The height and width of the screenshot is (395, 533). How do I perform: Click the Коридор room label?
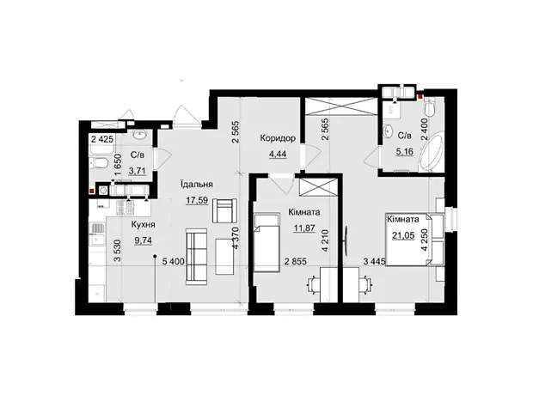coord(278,138)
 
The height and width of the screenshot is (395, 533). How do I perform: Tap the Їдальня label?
coord(197,185)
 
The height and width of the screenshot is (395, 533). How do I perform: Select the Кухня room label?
coord(143,224)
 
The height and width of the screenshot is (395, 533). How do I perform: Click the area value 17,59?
coord(197,200)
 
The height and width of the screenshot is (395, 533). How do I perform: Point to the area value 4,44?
coord(278,155)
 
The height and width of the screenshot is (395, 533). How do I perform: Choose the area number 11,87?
coord(304,228)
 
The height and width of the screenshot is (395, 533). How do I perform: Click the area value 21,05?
coord(403,235)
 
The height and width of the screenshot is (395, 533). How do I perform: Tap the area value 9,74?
coord(143,240)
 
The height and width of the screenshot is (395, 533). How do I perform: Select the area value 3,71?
coord(137,171)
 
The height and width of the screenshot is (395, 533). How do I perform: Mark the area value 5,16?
coord(405,151)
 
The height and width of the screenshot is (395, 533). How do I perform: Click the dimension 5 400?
coord(174,262)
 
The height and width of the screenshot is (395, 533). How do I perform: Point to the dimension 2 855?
coord(296,262)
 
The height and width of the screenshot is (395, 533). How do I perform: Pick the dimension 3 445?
coord(374,262)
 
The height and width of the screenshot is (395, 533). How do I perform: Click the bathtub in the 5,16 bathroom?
coord(431,153)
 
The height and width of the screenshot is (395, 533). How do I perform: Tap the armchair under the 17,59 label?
coord(224,210)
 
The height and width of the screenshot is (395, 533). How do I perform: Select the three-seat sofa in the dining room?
coord(197,257)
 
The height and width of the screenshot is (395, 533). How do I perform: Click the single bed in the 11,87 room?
coord(266,242)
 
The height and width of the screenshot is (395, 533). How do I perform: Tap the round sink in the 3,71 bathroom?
coord(139,135)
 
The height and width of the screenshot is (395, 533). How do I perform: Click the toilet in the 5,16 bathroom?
coord(431,107)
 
